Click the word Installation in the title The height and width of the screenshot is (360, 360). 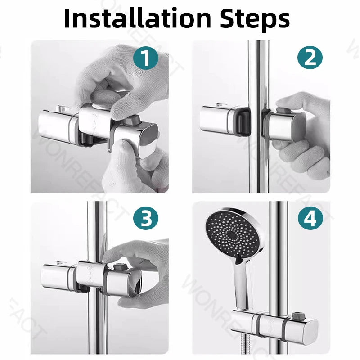click(x=137, y=18)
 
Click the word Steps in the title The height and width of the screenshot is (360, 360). click(x=255, y=20)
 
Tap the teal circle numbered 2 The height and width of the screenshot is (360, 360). click(x=310, y=58)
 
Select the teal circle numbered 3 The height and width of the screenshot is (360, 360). click(x=146, y=218)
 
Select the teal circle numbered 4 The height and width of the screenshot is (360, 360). click(x=310, y=218)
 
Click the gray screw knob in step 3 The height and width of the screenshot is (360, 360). click(x=120, y=266)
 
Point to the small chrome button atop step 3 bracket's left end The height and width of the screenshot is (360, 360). click(x=61, y=263)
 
